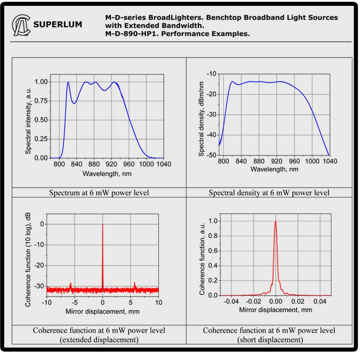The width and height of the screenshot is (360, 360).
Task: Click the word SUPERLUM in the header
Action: tap(58, 25)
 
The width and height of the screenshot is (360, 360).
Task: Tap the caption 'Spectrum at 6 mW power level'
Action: tap(99, 193)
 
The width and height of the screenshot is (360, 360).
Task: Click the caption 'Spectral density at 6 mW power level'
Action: tap(269, 193)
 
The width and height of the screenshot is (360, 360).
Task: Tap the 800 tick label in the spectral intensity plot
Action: tap(58, 164)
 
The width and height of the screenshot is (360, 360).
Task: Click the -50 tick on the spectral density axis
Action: tap(211, 155)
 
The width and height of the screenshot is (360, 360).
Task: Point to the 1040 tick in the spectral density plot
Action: tap(330, 161)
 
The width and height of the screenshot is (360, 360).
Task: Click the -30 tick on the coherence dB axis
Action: tap(40, 286)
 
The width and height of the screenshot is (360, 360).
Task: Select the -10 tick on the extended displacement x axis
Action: tap(46, 303)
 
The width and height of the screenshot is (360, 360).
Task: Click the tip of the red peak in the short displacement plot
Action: tap(275, 221)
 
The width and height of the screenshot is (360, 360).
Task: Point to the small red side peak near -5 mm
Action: tap(70, 283)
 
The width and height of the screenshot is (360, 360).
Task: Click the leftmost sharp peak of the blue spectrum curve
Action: tap(68, 82)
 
